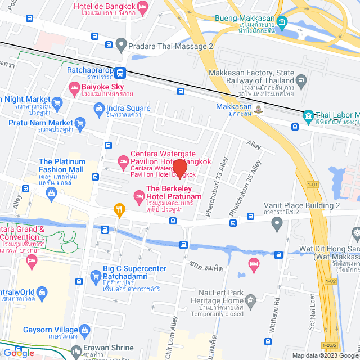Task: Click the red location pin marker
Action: pos(180,169)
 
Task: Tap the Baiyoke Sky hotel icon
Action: pos(74,87)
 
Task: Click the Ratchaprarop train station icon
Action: pos(121,71)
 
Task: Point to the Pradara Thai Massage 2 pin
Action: pos(120,44)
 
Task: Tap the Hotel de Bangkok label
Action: pos(105,6)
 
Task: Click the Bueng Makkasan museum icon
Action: pos(282,22)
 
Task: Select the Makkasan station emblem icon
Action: pos(258,109)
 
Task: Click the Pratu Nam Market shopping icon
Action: pos(80,123)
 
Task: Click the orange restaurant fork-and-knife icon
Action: pos(119,210)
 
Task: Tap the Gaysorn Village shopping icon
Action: pos(85,330)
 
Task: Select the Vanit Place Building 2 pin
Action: pos(276,224)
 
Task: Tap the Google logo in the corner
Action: pos(19,353)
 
